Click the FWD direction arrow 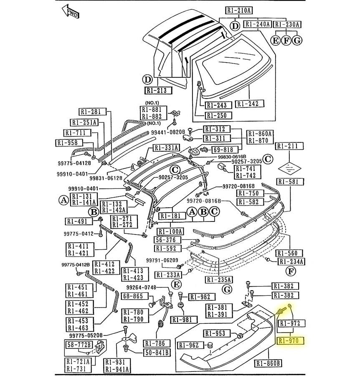pos(70,12)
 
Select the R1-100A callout pos(170,231)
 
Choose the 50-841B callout pos(157,352)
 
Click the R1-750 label pos(251,193)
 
